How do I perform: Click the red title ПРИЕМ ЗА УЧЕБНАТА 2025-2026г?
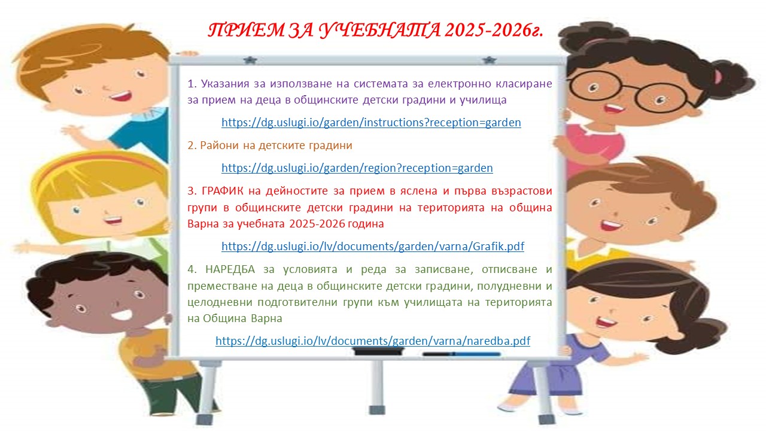[x=375, y=31]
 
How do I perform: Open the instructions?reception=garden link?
[x=371, y=123]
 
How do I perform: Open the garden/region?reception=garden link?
[x=357, y=168]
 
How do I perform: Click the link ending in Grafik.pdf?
[x=373, y=246]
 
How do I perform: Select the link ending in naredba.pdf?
[x=373, y=341]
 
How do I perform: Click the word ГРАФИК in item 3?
[x=222, y=191]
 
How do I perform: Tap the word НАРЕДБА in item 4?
[x=230, y=269]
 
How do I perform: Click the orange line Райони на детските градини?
[x=270, y=145]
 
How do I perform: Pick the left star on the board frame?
[x=250, y=60]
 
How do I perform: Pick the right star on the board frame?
[x=489, y=60]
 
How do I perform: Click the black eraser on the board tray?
[x=378, y=351]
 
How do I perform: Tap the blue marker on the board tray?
[x=461, y=354]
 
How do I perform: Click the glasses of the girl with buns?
[x=628, y=90]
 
